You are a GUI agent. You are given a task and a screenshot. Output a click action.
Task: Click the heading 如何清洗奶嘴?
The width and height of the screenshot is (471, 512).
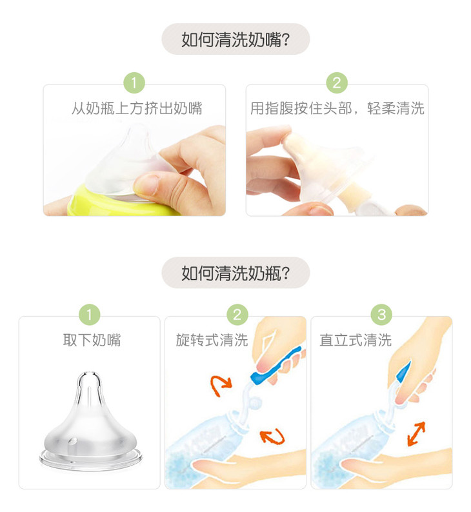235,39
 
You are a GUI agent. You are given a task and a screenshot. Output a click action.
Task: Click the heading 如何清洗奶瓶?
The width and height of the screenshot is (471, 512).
235,273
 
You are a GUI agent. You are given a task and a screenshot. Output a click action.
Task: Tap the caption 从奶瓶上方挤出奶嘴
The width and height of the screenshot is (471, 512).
137,108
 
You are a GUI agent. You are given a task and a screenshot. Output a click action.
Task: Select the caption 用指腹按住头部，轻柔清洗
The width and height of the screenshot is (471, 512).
337,108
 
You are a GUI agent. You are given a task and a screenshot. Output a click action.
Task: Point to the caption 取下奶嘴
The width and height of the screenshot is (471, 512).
92,340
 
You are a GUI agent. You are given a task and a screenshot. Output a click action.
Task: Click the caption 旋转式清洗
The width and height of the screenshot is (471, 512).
212,340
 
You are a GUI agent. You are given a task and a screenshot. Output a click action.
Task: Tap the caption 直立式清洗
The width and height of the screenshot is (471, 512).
356,340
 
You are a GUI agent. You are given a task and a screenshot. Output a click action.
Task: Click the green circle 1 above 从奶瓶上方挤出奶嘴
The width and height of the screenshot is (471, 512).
134,83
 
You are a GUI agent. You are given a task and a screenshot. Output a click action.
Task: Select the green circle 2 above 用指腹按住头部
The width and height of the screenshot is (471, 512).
337,83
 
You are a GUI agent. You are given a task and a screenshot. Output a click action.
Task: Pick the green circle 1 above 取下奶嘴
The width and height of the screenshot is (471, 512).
89,315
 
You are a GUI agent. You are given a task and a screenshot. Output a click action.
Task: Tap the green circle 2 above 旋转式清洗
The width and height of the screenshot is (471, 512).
237,315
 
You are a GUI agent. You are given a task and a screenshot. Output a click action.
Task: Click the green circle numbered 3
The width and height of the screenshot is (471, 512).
381,315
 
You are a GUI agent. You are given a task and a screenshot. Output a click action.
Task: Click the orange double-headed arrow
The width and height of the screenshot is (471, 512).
416,433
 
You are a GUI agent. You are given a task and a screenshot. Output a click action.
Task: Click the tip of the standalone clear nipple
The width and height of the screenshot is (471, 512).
89,372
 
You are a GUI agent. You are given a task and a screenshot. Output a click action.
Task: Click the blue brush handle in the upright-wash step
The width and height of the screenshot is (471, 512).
404,372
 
